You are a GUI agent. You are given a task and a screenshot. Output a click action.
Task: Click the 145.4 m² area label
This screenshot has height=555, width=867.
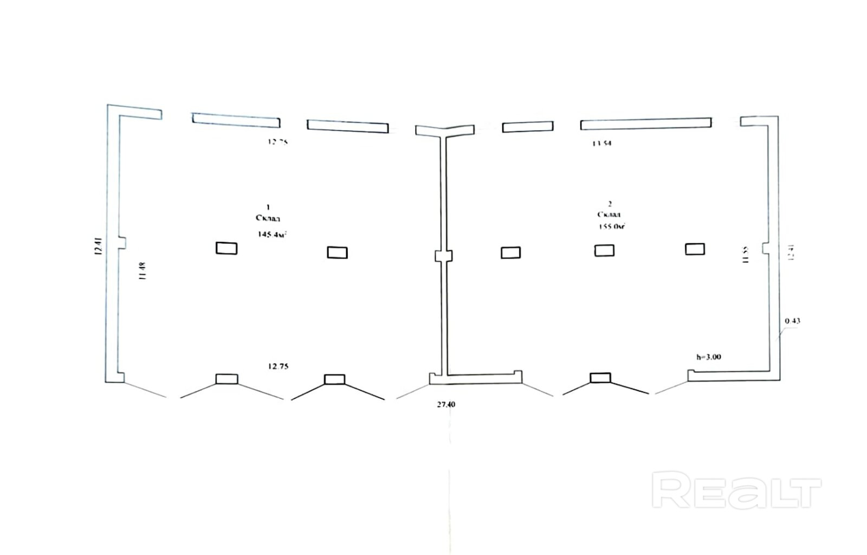(272, 235)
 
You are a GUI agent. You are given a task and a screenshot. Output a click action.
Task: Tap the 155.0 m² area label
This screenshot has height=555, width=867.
(612, 227)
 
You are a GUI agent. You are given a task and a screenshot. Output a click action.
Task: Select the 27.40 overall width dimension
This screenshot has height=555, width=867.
(446, 404)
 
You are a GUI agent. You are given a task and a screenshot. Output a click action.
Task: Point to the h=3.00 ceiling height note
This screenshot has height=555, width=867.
(708, 357)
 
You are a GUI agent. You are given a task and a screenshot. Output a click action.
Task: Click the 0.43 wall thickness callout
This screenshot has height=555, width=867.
(792, 321)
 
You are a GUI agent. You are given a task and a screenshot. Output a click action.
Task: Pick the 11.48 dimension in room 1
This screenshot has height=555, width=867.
(143, 271)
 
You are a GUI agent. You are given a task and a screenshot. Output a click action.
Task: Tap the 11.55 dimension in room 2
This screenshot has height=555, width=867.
(746, 255)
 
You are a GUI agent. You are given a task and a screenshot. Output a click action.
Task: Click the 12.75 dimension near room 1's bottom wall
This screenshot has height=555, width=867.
(278, 366)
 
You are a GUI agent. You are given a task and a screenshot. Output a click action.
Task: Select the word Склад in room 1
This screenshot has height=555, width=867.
(268, 218)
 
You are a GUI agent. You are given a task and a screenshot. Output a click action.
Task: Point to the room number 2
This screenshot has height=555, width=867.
(610, 204)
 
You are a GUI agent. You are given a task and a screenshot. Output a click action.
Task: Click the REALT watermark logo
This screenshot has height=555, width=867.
(736, 490)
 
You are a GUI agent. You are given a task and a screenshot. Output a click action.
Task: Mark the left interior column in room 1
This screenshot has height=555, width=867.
(227, 248)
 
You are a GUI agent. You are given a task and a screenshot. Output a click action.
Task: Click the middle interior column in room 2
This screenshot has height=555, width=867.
(604, 250)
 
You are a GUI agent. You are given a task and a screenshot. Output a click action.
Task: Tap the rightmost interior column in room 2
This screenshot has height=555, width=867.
(695, 249)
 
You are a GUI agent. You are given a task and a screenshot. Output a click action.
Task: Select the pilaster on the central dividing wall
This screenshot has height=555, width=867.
(444, 256)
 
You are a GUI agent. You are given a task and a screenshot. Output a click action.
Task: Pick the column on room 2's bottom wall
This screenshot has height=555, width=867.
(600, 378)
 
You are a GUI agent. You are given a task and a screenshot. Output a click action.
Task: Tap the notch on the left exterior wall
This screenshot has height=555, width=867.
(122, 243)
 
